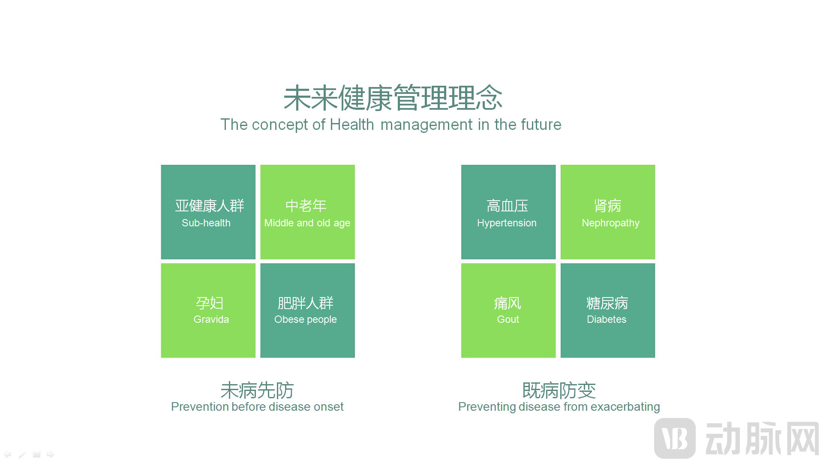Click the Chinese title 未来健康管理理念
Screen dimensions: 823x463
(x=393, y=98)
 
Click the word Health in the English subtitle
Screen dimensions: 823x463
(x=352, y=125)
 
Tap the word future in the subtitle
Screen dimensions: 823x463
(x=541, y=125)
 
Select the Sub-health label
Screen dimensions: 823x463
(x=206, y=223)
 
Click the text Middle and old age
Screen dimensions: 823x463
(x=307, y=223)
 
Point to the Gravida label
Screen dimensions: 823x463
(x=211, y=319)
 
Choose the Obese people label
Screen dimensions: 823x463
(x=306, y=320)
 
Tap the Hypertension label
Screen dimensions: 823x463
(x=507, y=223)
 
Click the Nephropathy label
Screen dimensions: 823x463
(x=610, y=223)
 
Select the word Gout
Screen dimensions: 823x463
(x=508, y=319)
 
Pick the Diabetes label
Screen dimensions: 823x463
(x=607, y=319)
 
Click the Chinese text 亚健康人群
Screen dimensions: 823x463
(x=210, y=206)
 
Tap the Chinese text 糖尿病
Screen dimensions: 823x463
(x=607, y=303)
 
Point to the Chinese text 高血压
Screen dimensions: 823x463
(x=508, y=206)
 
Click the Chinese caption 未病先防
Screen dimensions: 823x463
(x=257, y=390)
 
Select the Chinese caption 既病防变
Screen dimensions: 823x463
(x=559, y=390)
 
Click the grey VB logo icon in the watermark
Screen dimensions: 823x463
(x=675, y=438)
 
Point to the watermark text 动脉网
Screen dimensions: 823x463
(x=762, y=439)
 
